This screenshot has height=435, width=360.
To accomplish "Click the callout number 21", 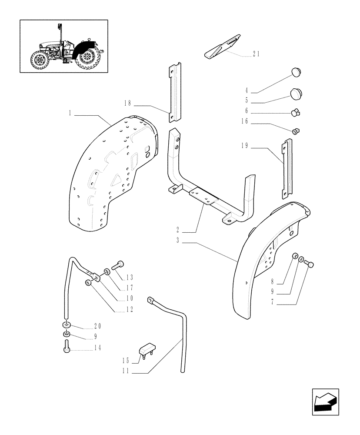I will [x=256, y=54].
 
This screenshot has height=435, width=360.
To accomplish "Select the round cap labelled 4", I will [x=296, y=72].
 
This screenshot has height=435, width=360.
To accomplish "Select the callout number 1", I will [x=70, y=113].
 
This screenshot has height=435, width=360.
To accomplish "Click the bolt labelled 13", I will [x=119, y=264].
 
